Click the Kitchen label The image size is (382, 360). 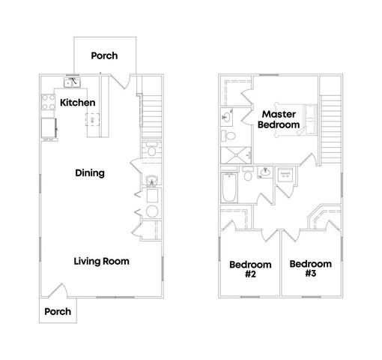tap(76, 102)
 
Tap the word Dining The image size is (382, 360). tap(89, 173)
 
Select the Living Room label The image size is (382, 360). tap(101, 262)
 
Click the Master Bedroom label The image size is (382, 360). tap(279, 119)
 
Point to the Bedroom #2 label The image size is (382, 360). tap(249, 268)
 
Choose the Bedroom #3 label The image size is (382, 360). tap(310, 268)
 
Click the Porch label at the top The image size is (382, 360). tap(104, 55)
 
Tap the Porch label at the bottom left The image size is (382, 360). tap(58, 311)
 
